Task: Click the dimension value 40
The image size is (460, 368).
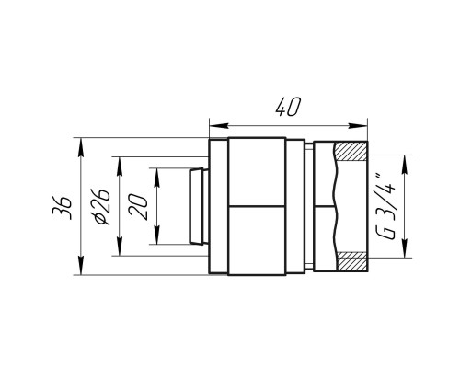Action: click(287, 108)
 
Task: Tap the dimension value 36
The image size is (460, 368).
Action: click(63, 208)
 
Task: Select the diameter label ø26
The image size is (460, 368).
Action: click(101, 207)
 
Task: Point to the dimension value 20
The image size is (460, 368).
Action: click(139, 207)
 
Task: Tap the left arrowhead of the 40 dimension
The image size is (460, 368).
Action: click(218, 126)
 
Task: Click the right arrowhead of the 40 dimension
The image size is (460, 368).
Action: click(358, 126)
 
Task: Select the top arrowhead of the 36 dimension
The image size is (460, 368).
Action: click(81, 147)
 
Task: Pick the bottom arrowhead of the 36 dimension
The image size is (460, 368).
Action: click(81, 266)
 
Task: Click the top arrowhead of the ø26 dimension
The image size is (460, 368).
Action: click(120, 167)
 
